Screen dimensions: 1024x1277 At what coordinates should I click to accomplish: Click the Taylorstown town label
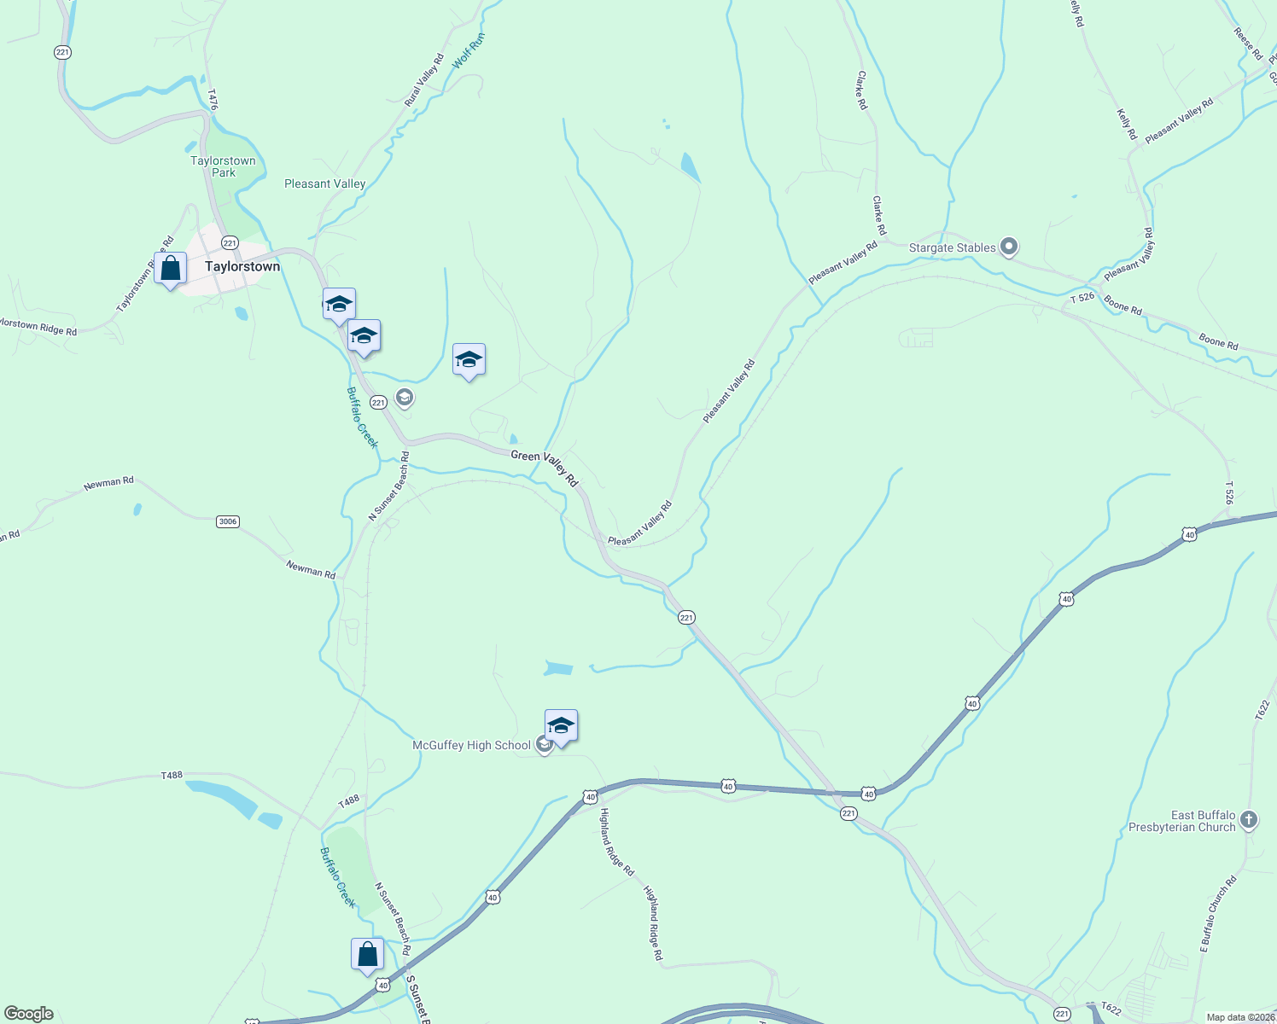tap(242, 266)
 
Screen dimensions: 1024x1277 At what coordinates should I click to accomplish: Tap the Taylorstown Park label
tap(223, 166)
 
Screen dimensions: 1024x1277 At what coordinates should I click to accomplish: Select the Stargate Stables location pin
tap(1009, 247)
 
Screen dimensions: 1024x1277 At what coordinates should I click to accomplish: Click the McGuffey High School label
tap(471, 745)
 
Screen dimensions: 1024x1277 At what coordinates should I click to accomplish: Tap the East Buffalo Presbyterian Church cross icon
tap(1248, 821)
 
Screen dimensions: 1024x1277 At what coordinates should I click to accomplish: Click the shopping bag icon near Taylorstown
tap(171, 269)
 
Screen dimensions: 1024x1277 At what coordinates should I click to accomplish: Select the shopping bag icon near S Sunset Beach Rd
tap(368, 955)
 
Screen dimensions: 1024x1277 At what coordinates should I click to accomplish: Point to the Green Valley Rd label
tap(545, 468)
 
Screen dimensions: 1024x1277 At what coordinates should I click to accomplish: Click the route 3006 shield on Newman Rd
tap(227, 521)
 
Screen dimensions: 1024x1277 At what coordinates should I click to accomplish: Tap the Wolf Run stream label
tap(469, 51)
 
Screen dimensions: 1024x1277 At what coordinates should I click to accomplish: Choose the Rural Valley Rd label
tap(424, 80)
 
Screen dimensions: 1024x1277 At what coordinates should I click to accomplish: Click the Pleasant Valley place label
tap(324, 183)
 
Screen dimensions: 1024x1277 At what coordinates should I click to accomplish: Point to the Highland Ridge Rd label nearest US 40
tap(616, 842)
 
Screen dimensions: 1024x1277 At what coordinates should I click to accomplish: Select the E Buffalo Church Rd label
tap(1218, 914)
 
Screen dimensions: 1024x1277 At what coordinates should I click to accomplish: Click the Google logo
tap(29, 1014)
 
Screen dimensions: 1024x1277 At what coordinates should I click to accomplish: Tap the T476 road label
tap(213, 99)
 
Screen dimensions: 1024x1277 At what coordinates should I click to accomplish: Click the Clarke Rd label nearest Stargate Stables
tap(878, 216)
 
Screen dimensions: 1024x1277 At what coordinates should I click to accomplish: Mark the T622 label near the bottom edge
tap(1110, 1009)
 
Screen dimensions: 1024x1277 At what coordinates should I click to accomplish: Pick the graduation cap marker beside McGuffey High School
tap(561, 726)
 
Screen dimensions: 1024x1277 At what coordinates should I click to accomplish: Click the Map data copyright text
tap(1240, 1017)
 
